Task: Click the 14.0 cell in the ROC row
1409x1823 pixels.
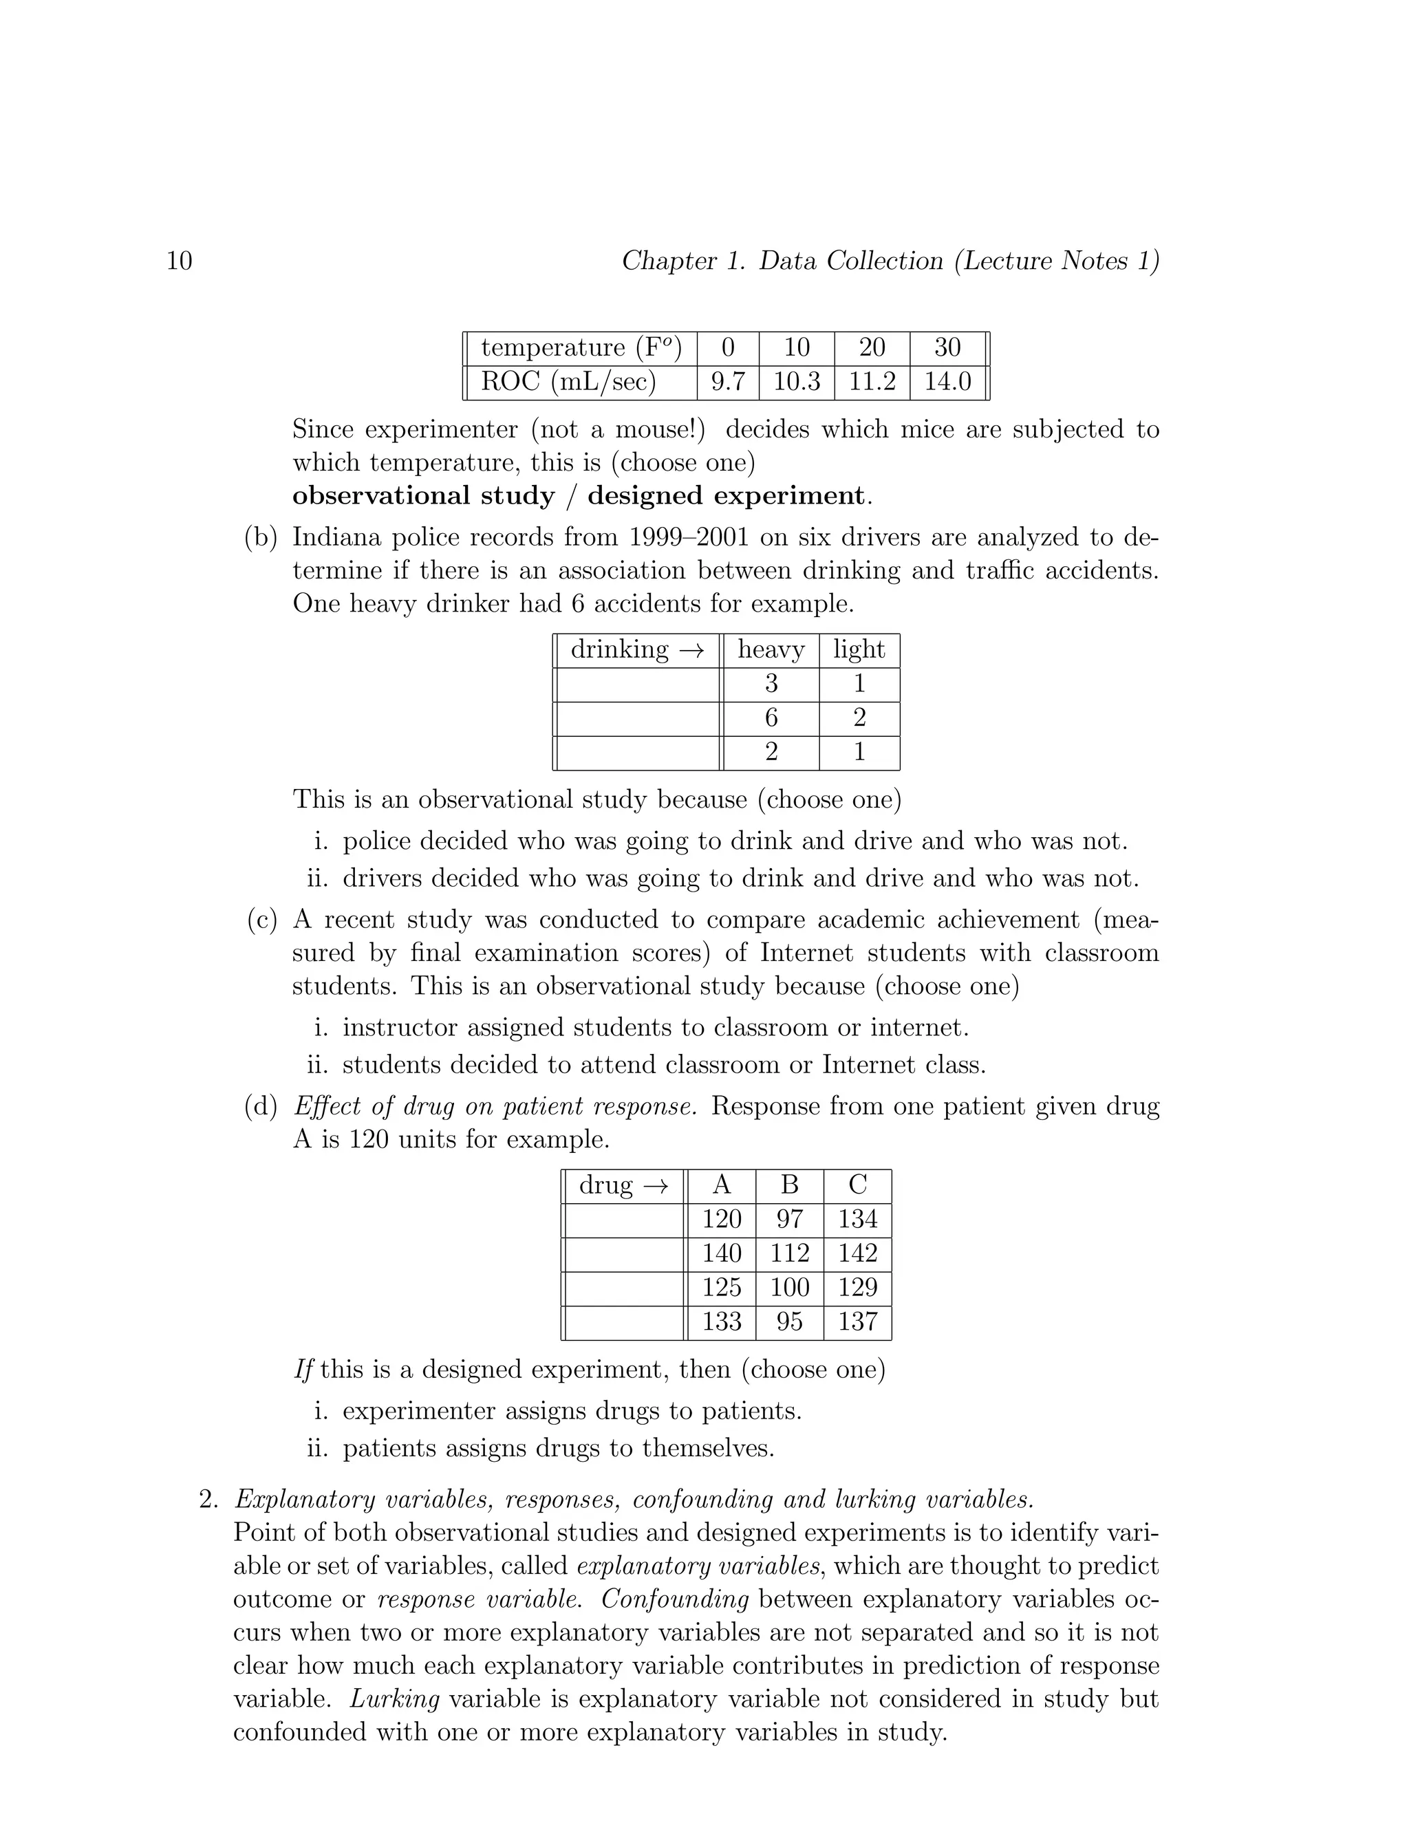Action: (x=947, y=382)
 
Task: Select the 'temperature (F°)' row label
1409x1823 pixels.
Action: (x=581, y=347)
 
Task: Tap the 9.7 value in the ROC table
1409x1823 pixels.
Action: (x=728, y=382)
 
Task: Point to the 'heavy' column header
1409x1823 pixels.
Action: (x=771, y=649)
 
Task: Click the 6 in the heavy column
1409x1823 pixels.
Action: (x=771, y=718)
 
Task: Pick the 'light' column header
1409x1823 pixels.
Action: (x=859, y=649)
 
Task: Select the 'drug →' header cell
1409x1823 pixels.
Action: (x=623, y=1185)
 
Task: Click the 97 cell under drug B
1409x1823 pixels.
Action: (x=790, y=1220)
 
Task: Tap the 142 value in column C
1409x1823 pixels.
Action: (x=858, y=1253)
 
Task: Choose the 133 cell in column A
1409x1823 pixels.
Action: (x=722, y=1322)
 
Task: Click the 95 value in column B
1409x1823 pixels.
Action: (x=790, y=1322)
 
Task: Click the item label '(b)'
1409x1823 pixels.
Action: (x=261, y=537)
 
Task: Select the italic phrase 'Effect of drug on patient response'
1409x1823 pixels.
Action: (x=494, y=1107)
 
